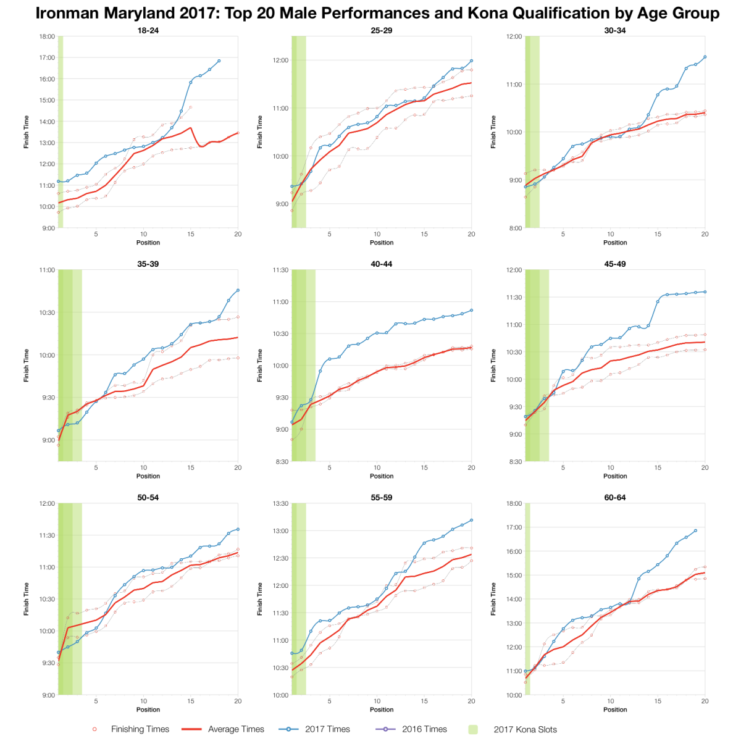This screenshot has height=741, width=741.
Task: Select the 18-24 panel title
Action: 148,30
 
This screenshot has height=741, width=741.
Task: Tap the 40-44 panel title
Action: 382,264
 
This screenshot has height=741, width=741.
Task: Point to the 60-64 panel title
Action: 615,497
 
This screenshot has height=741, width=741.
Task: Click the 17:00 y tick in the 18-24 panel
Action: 47,57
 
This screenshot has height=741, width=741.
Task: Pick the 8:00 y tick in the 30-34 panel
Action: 514,228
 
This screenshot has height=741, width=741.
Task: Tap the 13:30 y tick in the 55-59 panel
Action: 280,503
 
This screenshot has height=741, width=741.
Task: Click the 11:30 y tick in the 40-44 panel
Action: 280,270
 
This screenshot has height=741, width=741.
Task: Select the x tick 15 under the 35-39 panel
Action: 191,467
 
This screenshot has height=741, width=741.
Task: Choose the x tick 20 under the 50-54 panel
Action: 238,701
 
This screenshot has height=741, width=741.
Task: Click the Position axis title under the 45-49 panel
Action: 615,476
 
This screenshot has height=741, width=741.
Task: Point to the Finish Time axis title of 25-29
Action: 260,132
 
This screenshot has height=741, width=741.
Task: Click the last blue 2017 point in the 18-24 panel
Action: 219,61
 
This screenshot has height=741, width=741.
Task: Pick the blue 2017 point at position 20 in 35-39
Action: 238,290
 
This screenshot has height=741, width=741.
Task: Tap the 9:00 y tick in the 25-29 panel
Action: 280,204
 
